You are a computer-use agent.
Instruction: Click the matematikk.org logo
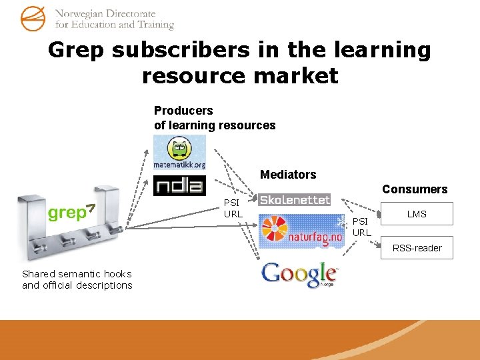[179, 152]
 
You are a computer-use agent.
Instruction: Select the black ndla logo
[179, 185]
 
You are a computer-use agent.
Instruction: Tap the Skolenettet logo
[294, 199]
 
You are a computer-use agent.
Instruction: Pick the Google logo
[299, 274]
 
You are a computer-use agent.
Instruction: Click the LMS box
[417, 214]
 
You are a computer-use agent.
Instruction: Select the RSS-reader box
[417, 248]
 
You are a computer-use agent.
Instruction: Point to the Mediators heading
[288, 175]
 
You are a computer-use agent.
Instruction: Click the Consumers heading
[415, 189]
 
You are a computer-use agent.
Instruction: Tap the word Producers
[183, 111]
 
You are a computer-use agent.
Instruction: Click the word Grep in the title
[75, 50]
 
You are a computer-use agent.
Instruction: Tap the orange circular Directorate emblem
[33, 18]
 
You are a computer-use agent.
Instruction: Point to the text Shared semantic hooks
[77, 274]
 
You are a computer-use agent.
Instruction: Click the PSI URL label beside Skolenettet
[233, 209]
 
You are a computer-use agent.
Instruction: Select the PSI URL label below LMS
[361, 227]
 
